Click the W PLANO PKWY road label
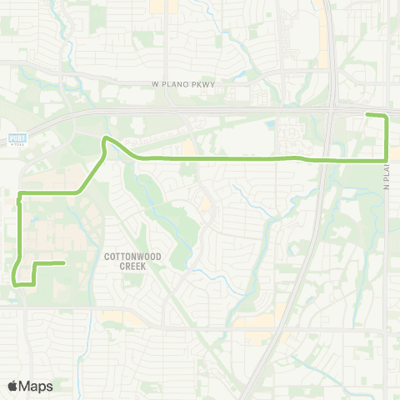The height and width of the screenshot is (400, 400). pos(193,84)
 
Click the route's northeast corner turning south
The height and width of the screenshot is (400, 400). pos(387,117)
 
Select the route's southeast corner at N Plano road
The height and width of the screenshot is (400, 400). pos(387,159)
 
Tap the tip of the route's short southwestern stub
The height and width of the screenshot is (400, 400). pos(64,263)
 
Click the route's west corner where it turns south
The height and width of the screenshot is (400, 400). pos(20,194)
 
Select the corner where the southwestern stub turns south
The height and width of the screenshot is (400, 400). pos(33,265)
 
